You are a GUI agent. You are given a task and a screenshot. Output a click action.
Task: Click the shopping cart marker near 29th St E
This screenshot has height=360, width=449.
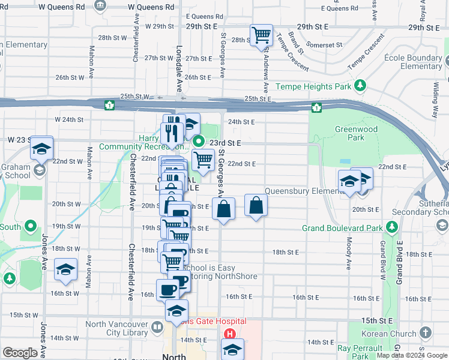coord(261,35)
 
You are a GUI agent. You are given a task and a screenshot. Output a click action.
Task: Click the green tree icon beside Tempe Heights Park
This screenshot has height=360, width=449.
coord(360,86)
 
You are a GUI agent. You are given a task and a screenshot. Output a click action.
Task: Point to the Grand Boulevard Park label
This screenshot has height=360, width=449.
coord(342,228)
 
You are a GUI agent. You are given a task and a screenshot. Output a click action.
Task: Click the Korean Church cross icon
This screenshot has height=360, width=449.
coord(426,332)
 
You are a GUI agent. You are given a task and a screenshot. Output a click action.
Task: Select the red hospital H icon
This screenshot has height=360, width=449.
coord(229,334)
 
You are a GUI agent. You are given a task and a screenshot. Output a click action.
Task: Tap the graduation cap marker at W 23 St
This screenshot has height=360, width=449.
coord(41,148)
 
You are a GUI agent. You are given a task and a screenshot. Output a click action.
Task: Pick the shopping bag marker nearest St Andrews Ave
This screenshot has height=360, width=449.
coord(256,205)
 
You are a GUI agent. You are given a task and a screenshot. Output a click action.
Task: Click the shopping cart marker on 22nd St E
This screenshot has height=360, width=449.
coord(203,160)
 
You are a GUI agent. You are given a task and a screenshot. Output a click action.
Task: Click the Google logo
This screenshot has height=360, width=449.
coord(20,353)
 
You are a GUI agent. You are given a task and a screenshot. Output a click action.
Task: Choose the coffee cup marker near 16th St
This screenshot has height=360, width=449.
coord(167,290)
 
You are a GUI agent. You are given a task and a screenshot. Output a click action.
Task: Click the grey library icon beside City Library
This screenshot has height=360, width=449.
coord(157,328)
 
